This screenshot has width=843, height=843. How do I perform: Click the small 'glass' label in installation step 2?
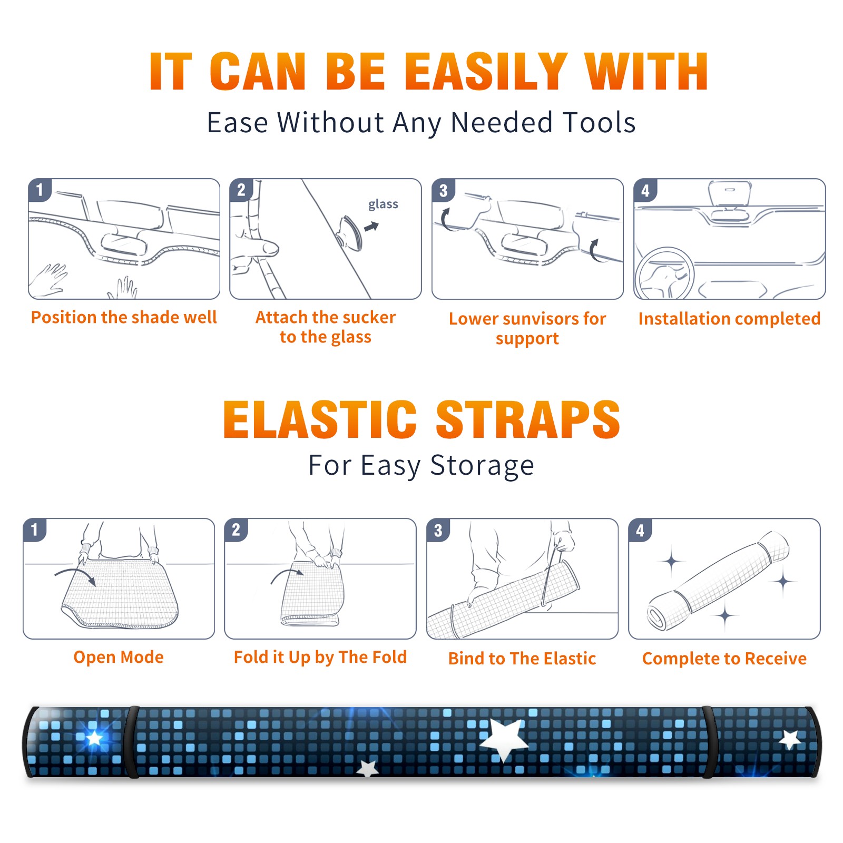(x=383, y=204)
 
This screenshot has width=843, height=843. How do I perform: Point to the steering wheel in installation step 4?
(x=665, y=274)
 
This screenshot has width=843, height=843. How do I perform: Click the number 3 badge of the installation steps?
(x=444, y=191)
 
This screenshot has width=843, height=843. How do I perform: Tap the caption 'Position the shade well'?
(x=124, y=317)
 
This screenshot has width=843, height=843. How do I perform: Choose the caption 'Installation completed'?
(x=729, y=319)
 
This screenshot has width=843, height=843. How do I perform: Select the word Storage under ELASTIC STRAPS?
(x=482, y=466)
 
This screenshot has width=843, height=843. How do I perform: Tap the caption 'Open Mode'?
(x=119, y=657)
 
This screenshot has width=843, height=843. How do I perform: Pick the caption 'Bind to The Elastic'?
(x=522, y=659)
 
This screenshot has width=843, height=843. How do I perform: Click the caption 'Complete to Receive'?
(x=724, y=659)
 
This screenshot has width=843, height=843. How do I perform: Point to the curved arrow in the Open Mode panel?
(x=76, y=572)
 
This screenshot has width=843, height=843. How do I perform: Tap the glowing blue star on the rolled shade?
(x=94, y=738)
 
